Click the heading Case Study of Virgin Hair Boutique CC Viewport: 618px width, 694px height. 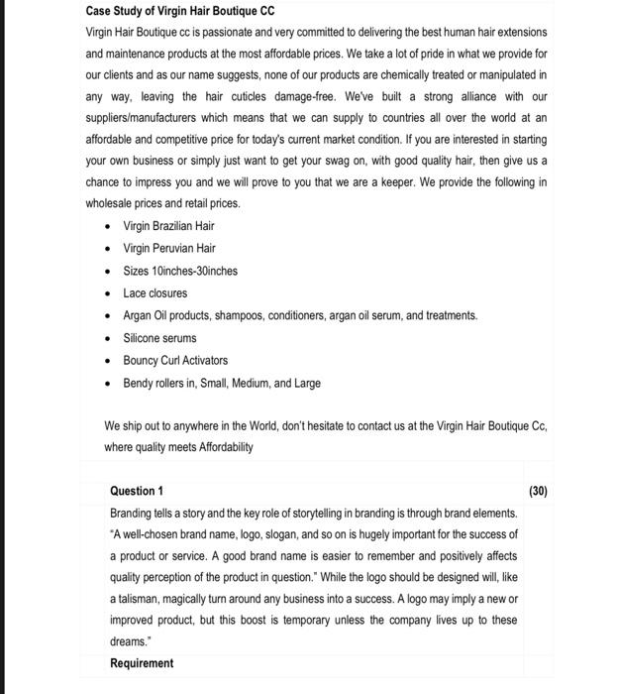(x=179, y=12)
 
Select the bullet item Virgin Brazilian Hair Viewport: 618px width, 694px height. (x=168, y=226)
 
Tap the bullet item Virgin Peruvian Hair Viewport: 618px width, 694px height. (x=168, y=248)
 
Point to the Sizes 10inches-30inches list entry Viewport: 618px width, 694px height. (x=180, y=271)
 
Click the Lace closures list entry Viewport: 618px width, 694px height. (x=154, y=293)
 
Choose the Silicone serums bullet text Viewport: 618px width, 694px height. (x=159, y=338)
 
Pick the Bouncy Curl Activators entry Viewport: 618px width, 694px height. (x=175, y=360)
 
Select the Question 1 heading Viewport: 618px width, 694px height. (x=137, y=491)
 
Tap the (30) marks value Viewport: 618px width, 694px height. (x=538, y=491)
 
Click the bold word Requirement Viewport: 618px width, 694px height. (x=142, y=663)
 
